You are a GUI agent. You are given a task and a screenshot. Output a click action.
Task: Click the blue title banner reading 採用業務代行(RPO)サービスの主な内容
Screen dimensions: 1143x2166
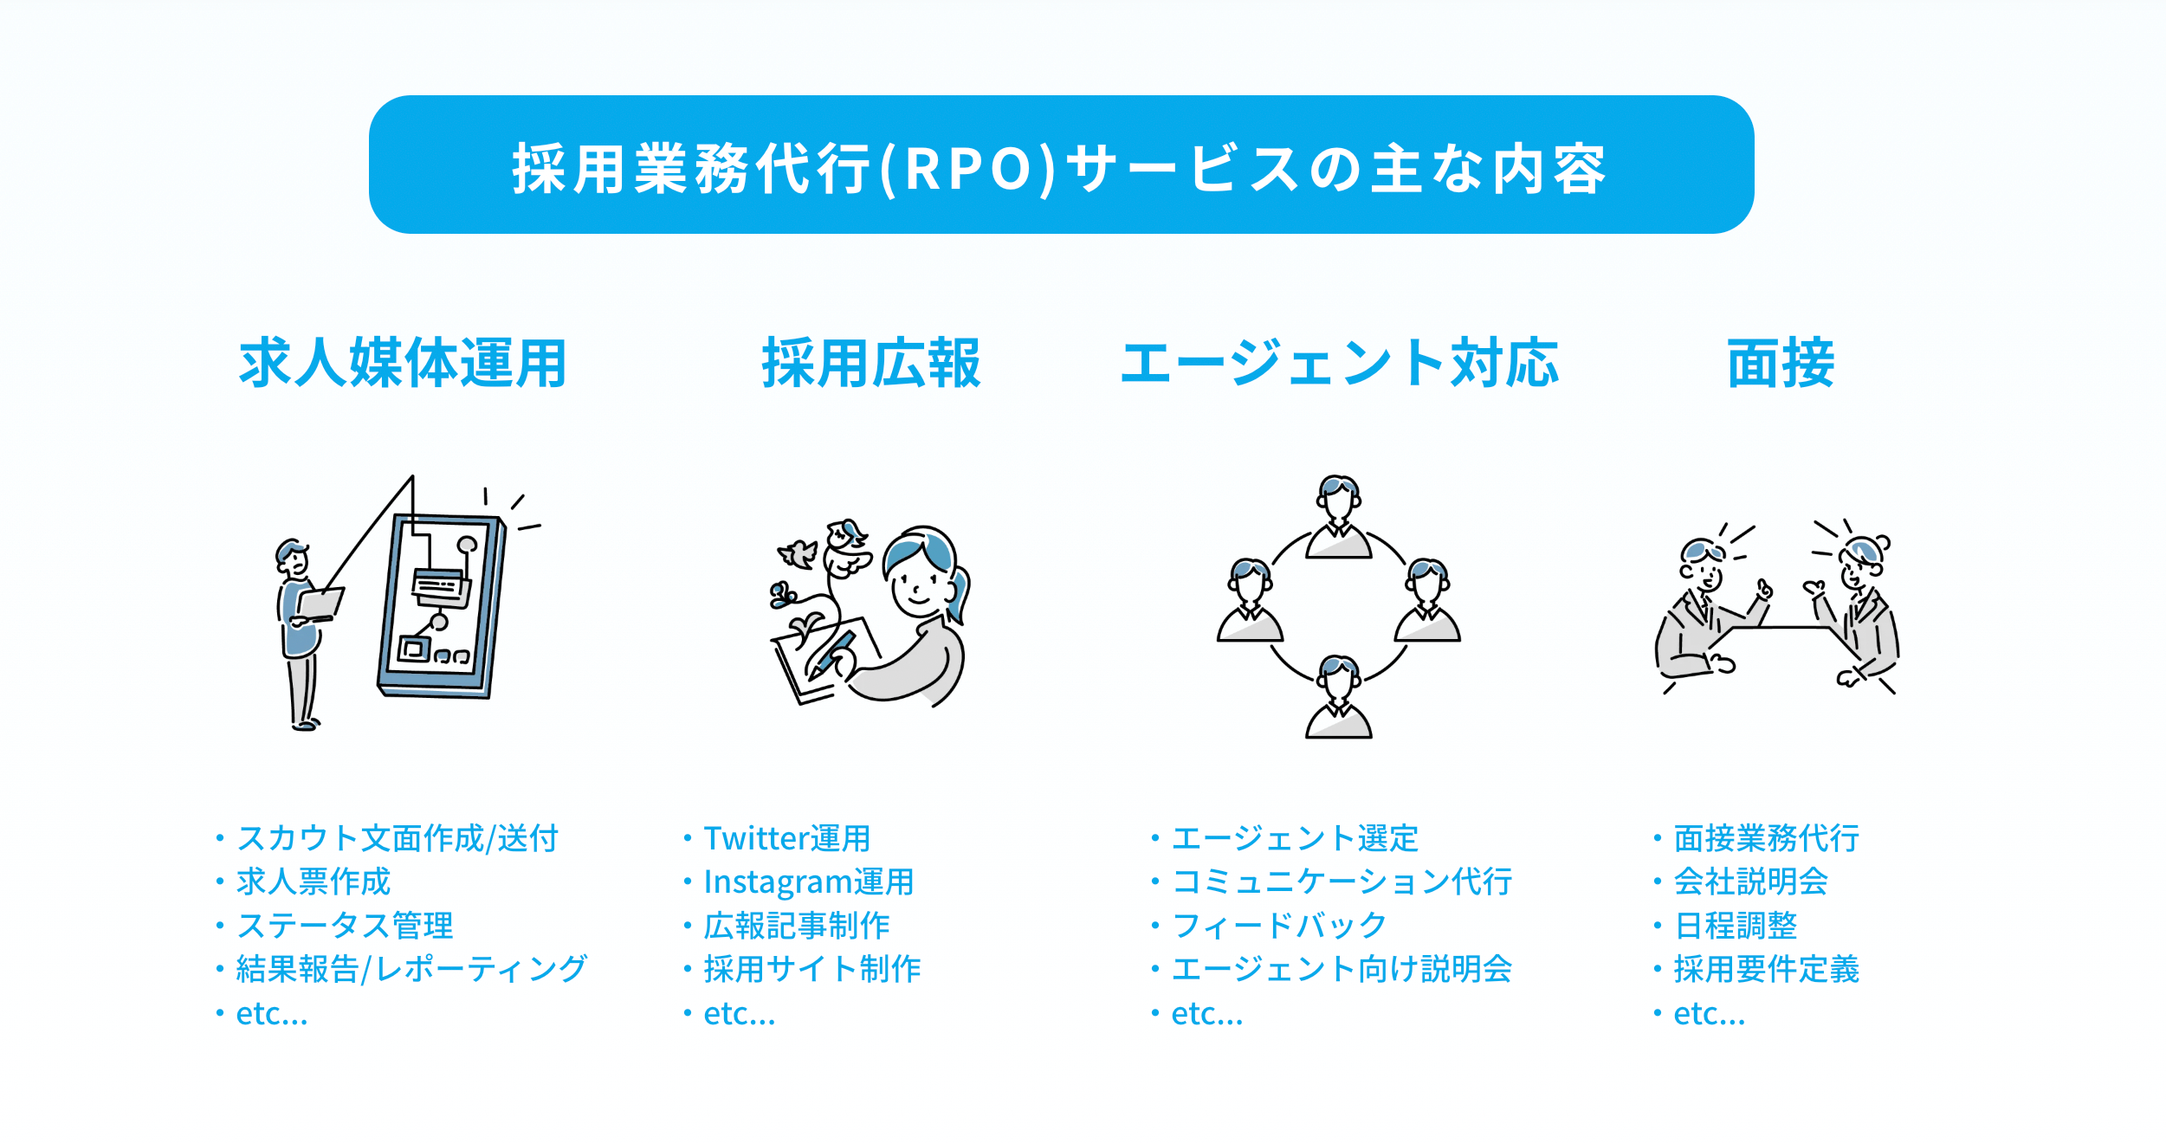point(1061,165)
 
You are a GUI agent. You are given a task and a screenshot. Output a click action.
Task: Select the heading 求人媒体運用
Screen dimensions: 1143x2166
point(403,363)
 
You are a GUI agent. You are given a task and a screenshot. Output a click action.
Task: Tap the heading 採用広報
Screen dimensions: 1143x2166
point(870,363)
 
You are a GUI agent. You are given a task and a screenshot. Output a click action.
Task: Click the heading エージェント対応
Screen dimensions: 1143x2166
point(1339,363)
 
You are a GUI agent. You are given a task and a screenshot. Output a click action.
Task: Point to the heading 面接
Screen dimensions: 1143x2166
point(1781,363)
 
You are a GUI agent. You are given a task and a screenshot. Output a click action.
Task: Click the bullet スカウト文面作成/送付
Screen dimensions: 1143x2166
point(398,838)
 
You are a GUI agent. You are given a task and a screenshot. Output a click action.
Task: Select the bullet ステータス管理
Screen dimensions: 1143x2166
point(345,926)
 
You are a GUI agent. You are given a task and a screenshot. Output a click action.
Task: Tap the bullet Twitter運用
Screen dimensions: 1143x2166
point(786,838)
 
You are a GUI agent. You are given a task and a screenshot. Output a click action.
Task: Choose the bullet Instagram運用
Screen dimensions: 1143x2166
point(808,881)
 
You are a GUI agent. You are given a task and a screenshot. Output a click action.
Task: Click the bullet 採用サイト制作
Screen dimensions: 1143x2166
point(811,969)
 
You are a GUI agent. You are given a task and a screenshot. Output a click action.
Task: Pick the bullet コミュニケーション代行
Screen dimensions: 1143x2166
point(1342,881)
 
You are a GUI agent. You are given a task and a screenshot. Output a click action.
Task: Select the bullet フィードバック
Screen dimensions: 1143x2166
point(1278,926)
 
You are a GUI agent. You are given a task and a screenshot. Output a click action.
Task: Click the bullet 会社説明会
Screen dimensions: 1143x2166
point(1750,881)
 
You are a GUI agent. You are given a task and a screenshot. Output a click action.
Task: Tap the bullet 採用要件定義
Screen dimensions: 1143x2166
point(1766,969)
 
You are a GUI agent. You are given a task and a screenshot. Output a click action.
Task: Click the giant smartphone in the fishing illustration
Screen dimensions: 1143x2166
point(442,606)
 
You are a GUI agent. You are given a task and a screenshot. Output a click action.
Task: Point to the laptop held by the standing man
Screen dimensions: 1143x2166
point(320,604)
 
